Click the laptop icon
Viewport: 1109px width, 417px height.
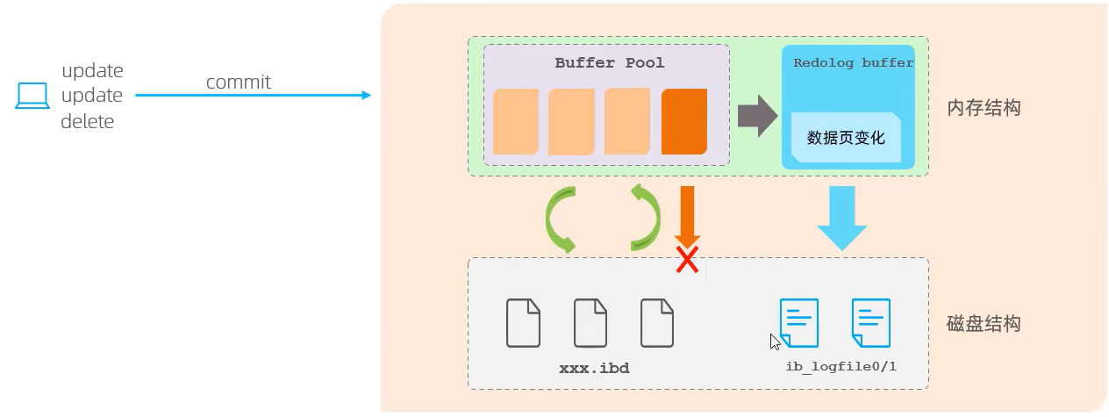(x=32, y=95)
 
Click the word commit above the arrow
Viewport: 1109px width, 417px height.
(x=238, y=83)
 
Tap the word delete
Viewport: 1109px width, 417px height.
(x=87, y=121)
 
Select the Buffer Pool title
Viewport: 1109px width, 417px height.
(x=609, y=63)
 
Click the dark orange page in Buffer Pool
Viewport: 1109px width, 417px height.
(x=683, y=121)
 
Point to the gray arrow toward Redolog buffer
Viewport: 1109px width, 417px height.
(x=757, y=116)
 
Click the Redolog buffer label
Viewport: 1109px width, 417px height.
(x=853, y=63)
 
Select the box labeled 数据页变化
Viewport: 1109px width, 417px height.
(x=846, y=137)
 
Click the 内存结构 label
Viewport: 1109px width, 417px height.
(x=984, y=107)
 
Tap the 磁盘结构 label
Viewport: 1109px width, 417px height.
(x=984, y=323)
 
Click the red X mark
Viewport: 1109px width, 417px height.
(x=687, y=260)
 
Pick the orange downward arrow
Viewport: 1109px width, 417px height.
(x=687, y=217)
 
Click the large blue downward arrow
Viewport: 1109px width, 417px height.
(x=841, y=218)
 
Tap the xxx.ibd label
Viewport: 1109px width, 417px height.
(x=594, y=368)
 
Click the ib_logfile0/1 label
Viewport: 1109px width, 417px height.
(x=841, y=366)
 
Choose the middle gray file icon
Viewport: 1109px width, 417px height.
(x=590, y=323)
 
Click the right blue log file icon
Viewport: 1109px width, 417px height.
(x=871, y=323)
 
